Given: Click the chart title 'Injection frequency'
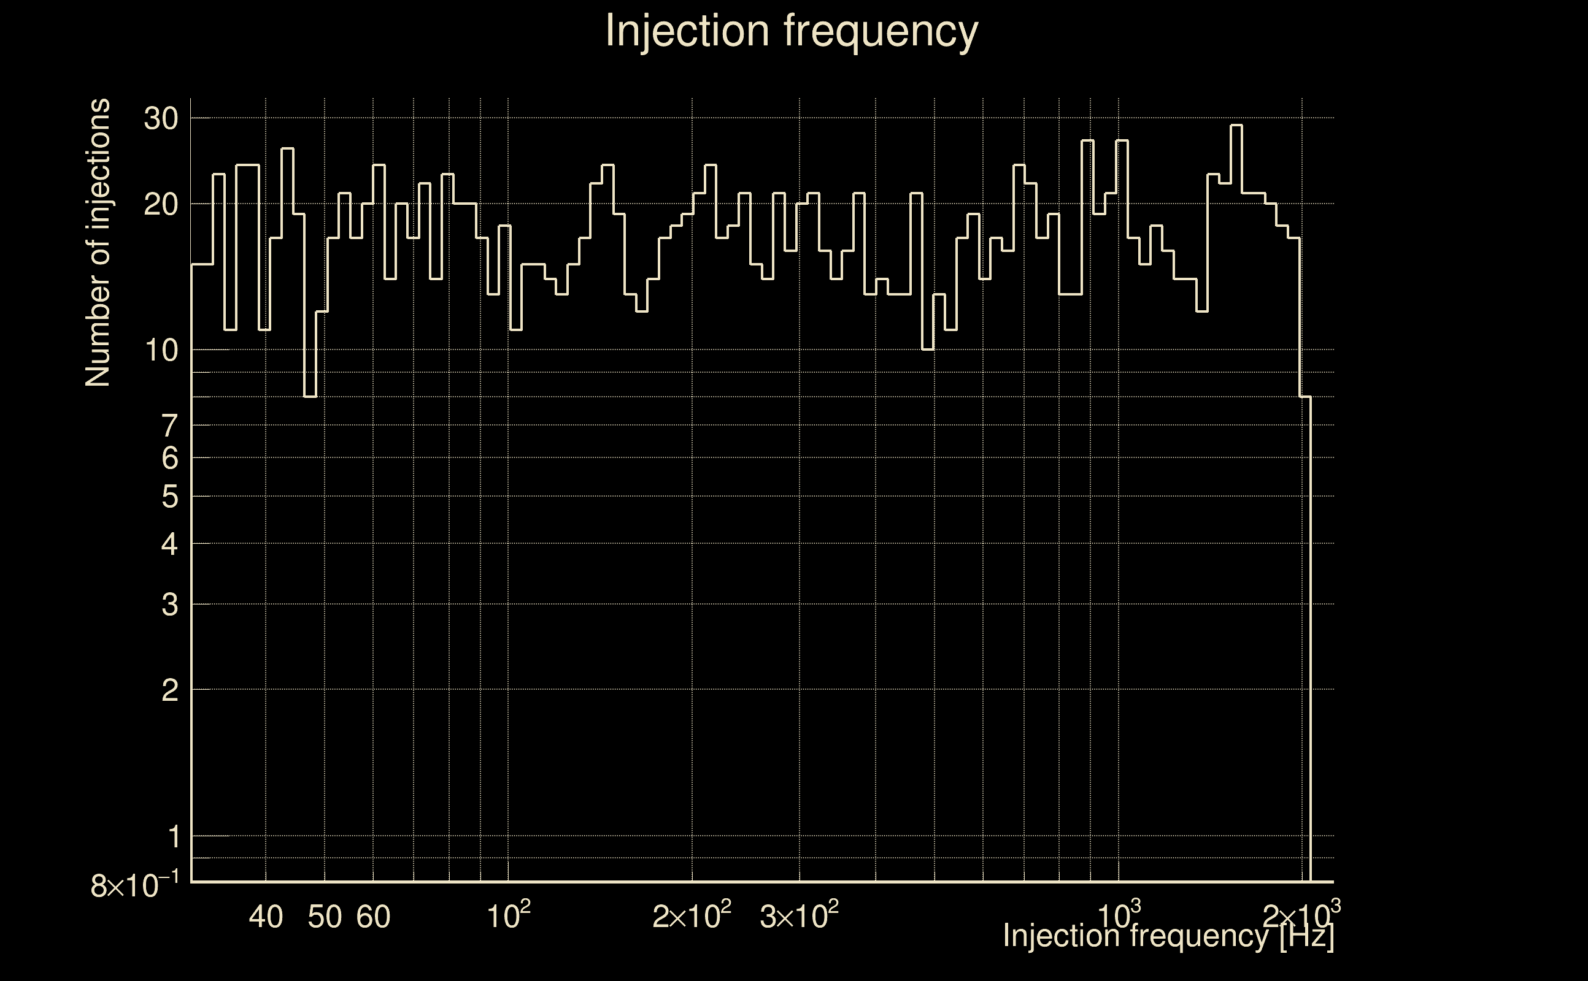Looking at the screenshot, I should click(x=792, y=31).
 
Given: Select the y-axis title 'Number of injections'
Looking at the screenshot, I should click(x=98, y=243).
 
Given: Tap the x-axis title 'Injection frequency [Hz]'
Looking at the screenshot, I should click(x=1168, y=936).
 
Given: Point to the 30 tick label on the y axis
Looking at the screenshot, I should click(x=161, y=119).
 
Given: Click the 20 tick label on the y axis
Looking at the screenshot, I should click(x=161, y=205).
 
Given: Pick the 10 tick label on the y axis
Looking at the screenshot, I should click(x=161, y=351).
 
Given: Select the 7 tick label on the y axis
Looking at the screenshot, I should click(x=169, y=426).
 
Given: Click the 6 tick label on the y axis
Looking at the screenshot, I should click(x=169, y=459).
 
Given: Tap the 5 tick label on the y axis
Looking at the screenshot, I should click(x=169, y=497).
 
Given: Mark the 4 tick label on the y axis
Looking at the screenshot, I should click(x=169, y=544).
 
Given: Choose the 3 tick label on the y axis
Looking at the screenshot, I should click(x=169, y=605).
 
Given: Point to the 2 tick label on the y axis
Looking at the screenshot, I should click(x=169, y=691).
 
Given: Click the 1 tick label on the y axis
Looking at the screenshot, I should click(x=174, y=837).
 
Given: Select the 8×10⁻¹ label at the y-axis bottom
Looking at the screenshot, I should click(x=134, y=885).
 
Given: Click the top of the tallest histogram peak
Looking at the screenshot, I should click(x=1236, y=125).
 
